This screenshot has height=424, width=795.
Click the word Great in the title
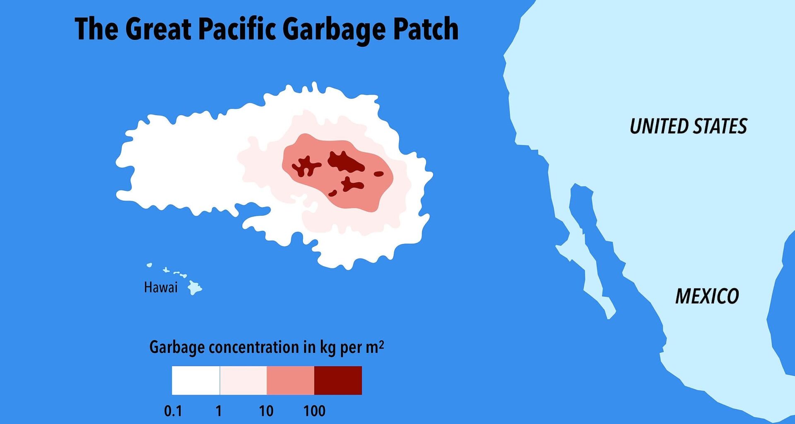tap(158, 29)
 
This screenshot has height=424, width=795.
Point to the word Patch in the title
tap(425, 29)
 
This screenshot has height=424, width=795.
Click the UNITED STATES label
tap(688, 126)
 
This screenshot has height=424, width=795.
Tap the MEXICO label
tap(707, 296)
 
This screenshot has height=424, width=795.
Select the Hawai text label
tap(161, 287)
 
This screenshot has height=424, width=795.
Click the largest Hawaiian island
tap(194, 287)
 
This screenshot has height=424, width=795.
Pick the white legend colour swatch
tap(195, 380)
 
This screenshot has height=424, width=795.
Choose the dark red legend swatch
tap(338, 380)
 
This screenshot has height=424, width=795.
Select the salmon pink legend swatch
tap(290, 380)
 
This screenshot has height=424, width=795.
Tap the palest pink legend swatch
tap(243, 380)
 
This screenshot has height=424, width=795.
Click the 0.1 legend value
tap(173, 411)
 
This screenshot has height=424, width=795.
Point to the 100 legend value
tap(314, 411)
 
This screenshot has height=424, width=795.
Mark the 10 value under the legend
tap(266, 411)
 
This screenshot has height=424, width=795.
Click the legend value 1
tap(219, 411)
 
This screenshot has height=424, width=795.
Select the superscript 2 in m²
tap(381, 344)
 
